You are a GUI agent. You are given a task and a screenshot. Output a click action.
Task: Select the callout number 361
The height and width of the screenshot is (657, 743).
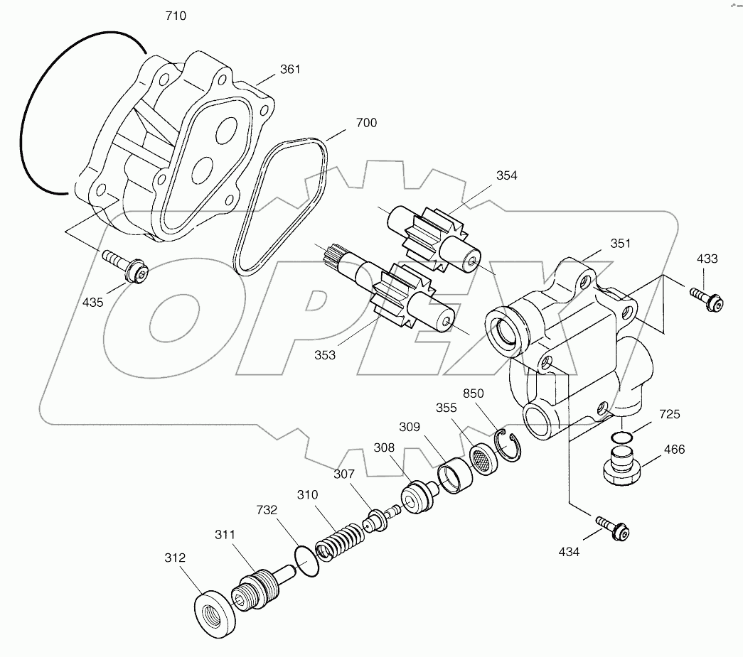tap(289, 69)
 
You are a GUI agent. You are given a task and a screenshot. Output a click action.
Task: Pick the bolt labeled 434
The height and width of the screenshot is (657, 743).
tap(614, 527)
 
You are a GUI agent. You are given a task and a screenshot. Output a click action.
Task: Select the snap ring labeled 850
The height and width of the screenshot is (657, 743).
tap(512, 447)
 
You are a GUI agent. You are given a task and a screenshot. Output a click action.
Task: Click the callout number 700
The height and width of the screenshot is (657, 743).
tap(367, 122)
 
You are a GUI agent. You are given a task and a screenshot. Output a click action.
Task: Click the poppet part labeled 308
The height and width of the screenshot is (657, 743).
tap(416, 496)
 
